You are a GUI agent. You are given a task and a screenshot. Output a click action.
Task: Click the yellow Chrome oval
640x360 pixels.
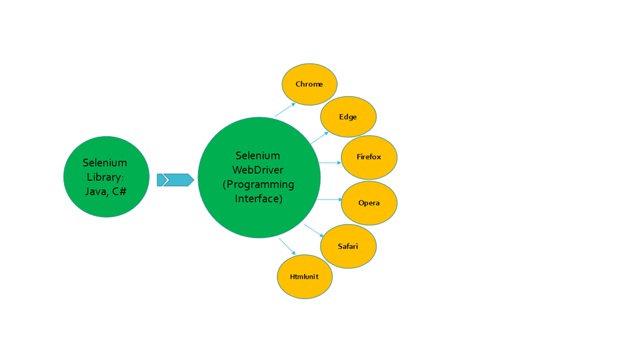pyautogui.click(x=309, y=84)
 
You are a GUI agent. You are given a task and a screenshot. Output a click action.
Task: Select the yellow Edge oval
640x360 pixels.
pyautogui.click(x=348, y=117)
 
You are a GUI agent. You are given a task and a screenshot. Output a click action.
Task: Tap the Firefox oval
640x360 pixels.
pyautogui.click(x=369, y=157)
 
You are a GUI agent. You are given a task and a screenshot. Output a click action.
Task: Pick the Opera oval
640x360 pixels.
pyautogui.click(x=369, y=203)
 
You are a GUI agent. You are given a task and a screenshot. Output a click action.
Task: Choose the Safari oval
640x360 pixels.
pyautogui.click(x=348, y=246)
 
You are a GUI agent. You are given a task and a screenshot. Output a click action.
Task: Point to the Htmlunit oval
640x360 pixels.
pyautogui.click(x=305, y=277)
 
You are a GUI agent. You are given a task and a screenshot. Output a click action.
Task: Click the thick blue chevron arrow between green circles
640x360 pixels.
pyautogui.click(x=175, y=180)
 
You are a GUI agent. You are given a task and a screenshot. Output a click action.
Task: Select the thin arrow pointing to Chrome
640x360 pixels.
pyautogui.click(x=285, y=110)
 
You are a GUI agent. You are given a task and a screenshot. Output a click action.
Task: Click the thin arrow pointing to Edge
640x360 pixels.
pyautogui.click(x=319, y=138)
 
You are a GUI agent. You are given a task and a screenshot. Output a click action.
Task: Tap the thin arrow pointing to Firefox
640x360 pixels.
pyautogui.click(x=330, y=163)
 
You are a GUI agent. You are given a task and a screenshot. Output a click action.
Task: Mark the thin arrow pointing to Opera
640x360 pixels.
pyautogui.click(x=330, y=199)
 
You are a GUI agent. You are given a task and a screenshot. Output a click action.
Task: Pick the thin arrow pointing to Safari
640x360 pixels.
pyautogui.click(x=314, y=231)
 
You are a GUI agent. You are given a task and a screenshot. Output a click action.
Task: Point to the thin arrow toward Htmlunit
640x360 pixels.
pyautogui.click(x=287, y=246)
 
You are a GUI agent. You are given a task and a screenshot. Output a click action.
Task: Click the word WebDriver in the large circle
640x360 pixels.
pyautogui.click(x=258, y=170)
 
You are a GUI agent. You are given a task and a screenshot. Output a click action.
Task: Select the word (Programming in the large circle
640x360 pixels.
pyautogui.click(x=258, y=185)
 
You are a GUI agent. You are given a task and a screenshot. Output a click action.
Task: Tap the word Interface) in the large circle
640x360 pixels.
pyautogui.click(x=259, y=198)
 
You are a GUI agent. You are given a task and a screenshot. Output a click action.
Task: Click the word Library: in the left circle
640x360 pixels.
pyautogui.click(x=105, y=178)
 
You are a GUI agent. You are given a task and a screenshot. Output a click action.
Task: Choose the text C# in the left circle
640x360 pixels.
pyautogui.click(x=119, y=191)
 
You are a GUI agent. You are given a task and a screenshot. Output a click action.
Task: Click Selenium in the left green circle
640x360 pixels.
pyautogui.click(x=105, y=163)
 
